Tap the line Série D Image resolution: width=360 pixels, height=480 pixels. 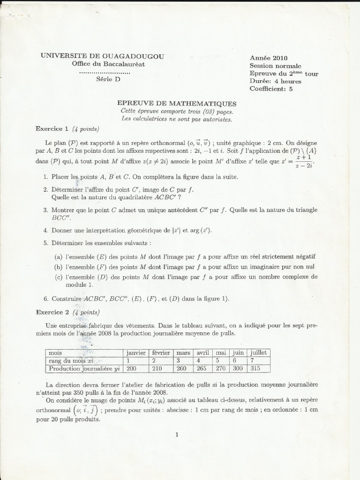pyautogui.click(x=108, y=79)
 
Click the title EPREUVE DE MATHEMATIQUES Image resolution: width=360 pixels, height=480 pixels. pyautogui.click(x=176, y=104)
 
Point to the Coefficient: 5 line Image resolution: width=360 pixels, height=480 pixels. pyautogui.click(x=271, y=89)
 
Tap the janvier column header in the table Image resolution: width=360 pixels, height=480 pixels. pyautogui.click(x=135, y=352)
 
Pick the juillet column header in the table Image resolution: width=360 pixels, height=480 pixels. pyautogui.click(x=259, y=352)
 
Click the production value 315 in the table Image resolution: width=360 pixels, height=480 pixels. pyautogui.click(x=254, y=369)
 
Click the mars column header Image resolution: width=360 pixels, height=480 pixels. pyautogui.click(x=182, y=352)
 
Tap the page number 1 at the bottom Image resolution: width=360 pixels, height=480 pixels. pyautogui.click(x=177, y=435)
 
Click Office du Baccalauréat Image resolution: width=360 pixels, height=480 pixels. pyautogui.click(x=108, y=64)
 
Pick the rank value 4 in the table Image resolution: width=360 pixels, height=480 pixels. pyautogui.click(x=198, y=360)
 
